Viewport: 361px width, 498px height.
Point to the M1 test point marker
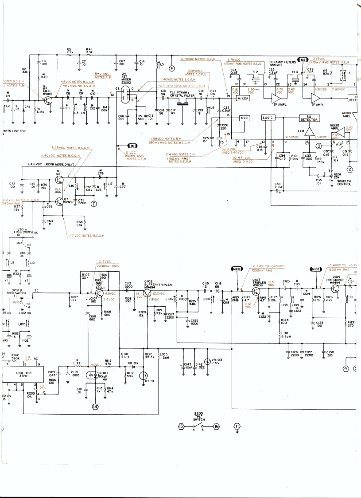pos(132,146)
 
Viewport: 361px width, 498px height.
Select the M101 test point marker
pos(237,269)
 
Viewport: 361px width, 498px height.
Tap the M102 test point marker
pos(315,269)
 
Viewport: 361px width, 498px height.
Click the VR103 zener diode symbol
pos(207,362)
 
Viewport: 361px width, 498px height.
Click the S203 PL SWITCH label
pos(198,416)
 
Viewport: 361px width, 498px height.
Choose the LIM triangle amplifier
pos(310,132)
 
